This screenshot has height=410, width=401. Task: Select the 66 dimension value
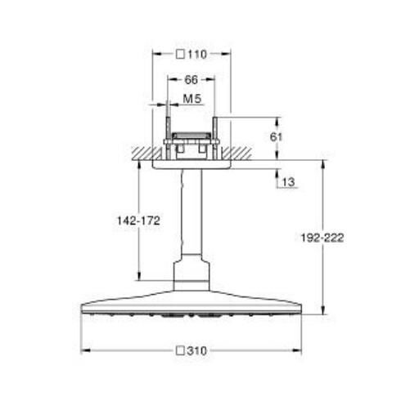tap(191, 81)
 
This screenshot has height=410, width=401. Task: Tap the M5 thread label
tap(191, 98)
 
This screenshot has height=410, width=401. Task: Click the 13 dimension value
tap(289, 182)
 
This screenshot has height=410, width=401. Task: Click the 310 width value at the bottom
tap(197, 350)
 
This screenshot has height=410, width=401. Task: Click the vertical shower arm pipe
tap(191, 212)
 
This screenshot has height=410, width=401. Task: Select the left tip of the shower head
tap(83, 310)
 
